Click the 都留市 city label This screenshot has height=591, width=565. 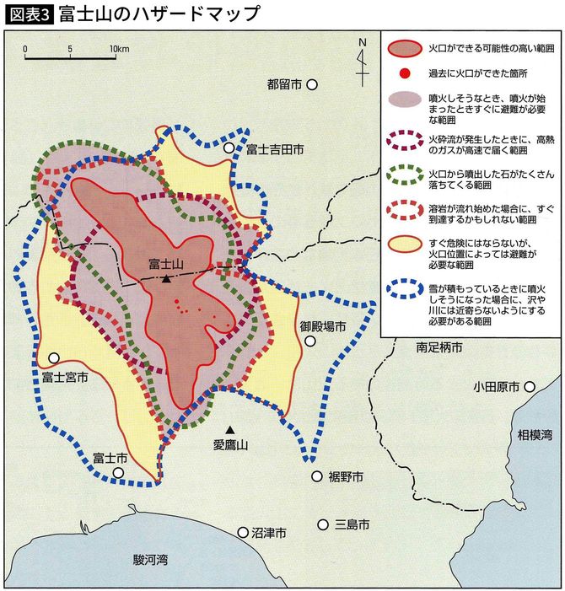[x=283, y=84]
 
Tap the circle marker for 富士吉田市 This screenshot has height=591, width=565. [x=229, y=148]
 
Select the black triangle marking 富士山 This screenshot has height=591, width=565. [x=167, y=278]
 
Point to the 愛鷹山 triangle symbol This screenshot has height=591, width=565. [x=230, y=431]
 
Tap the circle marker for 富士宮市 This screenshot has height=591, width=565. [x=54, y=357]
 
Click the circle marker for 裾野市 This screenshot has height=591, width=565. [x=317, y=476]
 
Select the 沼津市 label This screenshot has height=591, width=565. [x=269, y=533]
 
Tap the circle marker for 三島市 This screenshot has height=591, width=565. [x=323, y=524]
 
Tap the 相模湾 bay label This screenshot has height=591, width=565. [x=535, y=434]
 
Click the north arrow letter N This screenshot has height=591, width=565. [x=362, y=42]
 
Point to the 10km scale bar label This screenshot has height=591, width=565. [x=118, y=49]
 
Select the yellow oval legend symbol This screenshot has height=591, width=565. [x=405, y=244]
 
